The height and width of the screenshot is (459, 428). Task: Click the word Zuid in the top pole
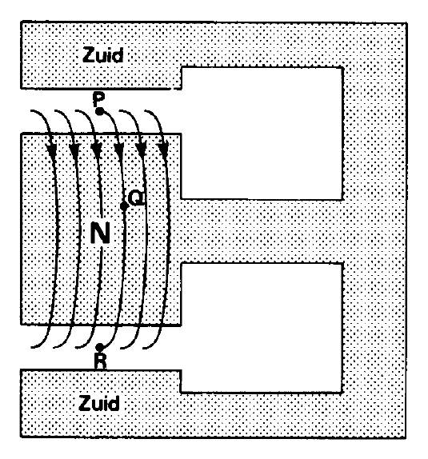click(x=103, y=54)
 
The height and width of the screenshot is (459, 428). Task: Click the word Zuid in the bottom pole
click(x=99, y=403)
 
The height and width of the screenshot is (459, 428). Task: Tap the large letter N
click(x=100, y=233)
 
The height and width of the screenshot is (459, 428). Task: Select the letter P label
click(x=98, y=99)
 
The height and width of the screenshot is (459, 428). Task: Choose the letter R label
click(x=100, y=361)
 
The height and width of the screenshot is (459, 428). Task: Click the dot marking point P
click(x=100, y=111)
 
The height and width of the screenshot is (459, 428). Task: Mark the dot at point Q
click(x=124, y=206)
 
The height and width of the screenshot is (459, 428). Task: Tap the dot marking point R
click(x=100, y=347)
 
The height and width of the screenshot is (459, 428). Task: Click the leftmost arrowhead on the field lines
click(x=52, y=150)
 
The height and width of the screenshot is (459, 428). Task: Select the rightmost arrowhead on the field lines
click(x=163, y=150)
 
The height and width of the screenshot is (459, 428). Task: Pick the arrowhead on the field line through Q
click(x=118, y=150)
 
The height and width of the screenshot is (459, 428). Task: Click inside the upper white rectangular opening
click(x=262, y=134)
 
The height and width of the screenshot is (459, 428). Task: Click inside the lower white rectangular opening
click(x=262, y=328)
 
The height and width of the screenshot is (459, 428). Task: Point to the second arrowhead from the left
click(x=74, y=150)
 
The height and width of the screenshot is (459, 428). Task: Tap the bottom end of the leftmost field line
click(x=31, y=347)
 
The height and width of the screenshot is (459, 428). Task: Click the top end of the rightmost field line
click(x=146, y=111)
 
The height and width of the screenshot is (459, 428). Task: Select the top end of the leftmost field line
click(x=31, y=110)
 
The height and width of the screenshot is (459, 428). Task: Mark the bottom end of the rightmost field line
click(x=143, y=348)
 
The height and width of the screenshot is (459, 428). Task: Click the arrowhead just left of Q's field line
click(x=97, y=150)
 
